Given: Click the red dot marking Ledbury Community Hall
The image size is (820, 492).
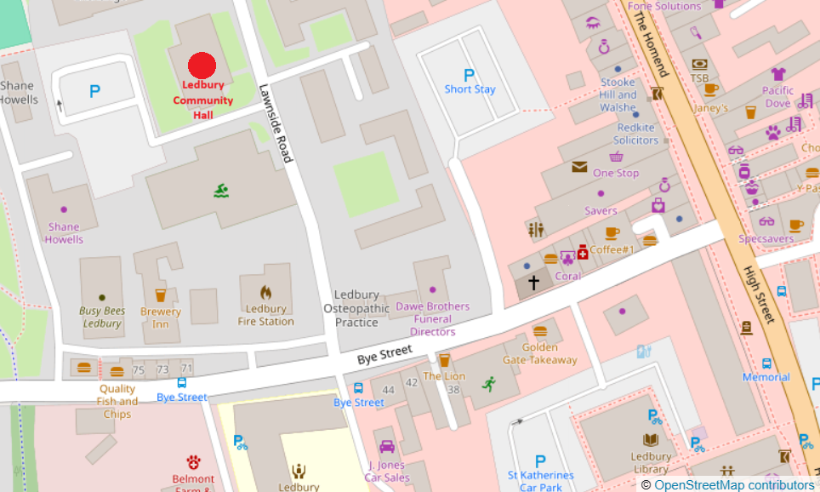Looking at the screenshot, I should tap(202, 66).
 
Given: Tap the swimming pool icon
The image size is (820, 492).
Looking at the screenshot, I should tap(221, 190).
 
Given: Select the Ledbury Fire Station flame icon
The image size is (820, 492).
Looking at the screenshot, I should tap(265, 293).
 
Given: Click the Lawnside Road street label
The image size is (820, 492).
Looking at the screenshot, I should tap(276, 123).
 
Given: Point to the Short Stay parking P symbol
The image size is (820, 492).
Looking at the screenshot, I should tap(469, 75).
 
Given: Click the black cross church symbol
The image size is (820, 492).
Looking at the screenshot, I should tap(534, 282).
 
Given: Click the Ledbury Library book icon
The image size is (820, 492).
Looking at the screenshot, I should tap(651, 440).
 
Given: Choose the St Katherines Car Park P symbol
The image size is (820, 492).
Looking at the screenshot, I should tap(540, 461).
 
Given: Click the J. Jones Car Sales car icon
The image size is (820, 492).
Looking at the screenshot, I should tap(387, 447).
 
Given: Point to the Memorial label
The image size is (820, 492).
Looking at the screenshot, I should tap(766, 377).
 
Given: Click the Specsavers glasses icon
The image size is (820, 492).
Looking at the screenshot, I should tap(766, 222).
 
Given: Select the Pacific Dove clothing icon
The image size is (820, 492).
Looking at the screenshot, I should tap(777, 74).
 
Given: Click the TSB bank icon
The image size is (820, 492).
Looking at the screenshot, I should tap(699, 64).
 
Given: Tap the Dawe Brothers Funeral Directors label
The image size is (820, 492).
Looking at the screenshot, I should tap(432, 318).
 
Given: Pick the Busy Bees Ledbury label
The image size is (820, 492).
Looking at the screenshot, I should tap(102, 318).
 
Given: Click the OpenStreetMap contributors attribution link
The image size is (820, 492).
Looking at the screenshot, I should tap(734, 484).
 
